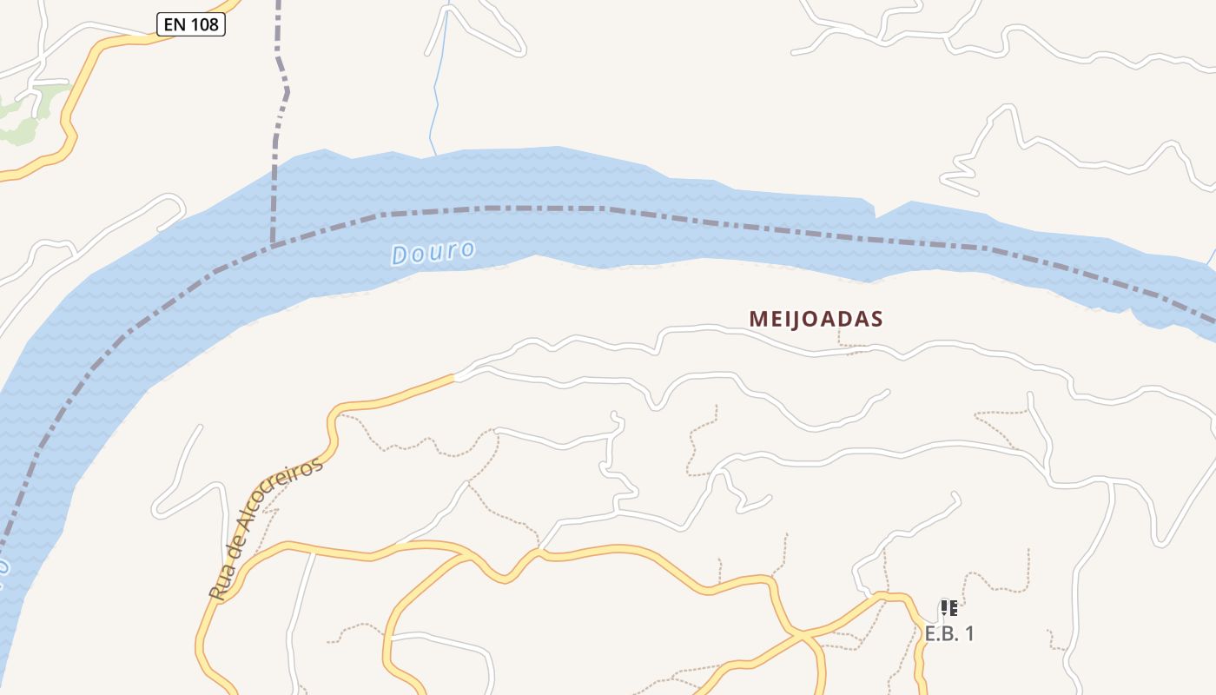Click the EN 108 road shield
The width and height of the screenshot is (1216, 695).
tap(191, 24)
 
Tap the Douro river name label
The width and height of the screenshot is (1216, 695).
tap(433, 253)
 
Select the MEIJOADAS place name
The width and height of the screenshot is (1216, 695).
tap(816, 319)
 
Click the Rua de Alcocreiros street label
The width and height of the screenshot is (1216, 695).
tap(266, 528)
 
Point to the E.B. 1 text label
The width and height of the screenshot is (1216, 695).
tap(948, 634)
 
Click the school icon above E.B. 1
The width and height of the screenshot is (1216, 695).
tap(948, 608)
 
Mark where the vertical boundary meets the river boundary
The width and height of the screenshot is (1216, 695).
tap(274, 246)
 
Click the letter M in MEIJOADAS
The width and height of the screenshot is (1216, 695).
tap(757, 319)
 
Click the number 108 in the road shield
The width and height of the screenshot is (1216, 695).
tap(203, 24)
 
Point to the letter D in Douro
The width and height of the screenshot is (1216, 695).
tap(400, 255)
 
